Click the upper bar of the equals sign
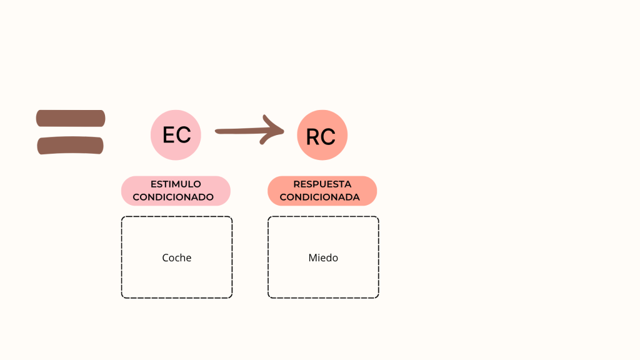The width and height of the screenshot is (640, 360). (70, 118)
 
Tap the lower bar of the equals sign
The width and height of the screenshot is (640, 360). (70, 146)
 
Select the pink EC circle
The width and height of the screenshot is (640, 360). (176, 134)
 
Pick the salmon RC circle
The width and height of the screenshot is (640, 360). (322, 134)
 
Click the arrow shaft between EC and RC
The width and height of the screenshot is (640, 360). (241, 131)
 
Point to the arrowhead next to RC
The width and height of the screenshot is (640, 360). (276, 130)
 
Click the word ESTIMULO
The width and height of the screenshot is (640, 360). (176, 184)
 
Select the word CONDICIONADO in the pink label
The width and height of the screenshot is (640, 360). (173, 197)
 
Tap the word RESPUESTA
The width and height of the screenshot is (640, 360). (322, 184)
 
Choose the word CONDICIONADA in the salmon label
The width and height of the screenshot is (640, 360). (319, 197)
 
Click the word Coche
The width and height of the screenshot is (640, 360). (177, 257)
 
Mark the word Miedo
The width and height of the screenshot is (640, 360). (323, 257)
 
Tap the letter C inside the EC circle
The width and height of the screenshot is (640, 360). (184, 135)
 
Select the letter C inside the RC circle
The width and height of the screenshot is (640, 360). (329, 136)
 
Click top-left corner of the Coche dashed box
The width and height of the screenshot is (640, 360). (122, 217)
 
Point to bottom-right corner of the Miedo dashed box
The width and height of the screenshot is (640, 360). (377, 297)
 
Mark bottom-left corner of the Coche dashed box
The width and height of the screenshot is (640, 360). (122, 297)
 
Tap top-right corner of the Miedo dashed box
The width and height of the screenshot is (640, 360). (377, 217)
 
